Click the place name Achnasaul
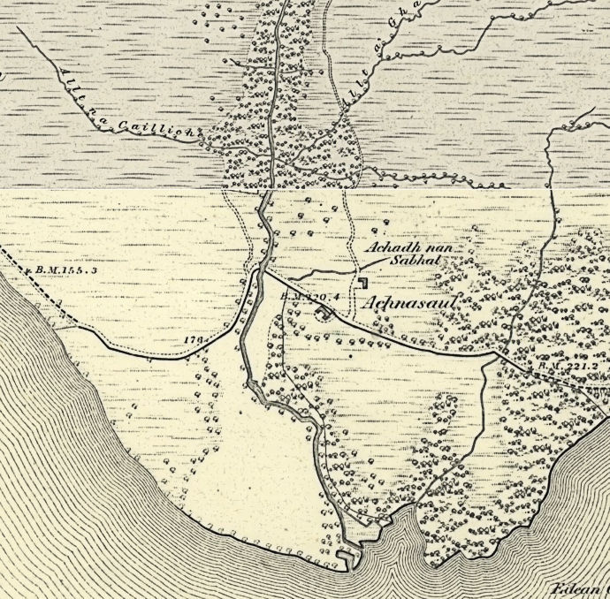[x=409, y=301]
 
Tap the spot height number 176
[x=194, y=339]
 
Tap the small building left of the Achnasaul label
[x=363, y=282]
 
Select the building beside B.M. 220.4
[x=324, y=310]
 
